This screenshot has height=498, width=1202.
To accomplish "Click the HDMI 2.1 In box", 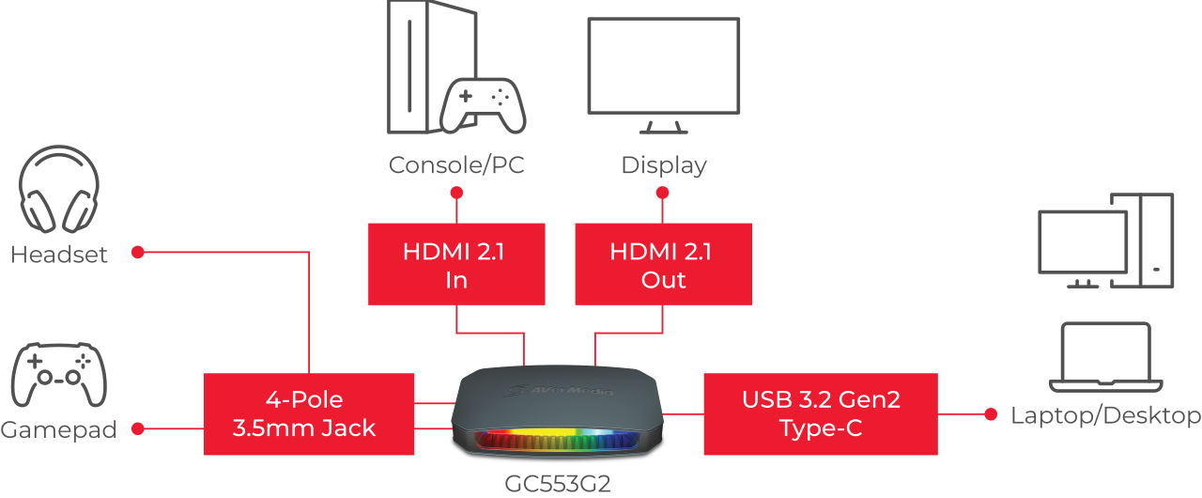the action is point(456,264).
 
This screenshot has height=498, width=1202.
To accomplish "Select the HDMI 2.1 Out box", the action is point(663,264).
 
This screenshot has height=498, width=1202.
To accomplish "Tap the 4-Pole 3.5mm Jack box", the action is point(309,413).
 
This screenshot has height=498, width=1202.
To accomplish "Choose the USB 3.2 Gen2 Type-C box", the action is point(821,413).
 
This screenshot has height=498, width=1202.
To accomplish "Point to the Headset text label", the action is point(59,255).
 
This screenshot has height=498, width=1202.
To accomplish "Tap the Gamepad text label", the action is point(58,429).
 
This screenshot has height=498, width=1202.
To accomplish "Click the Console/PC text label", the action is point(456,165).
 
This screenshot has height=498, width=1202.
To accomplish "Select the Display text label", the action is point(664,165).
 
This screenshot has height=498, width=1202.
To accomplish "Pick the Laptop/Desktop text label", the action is point(1105,415).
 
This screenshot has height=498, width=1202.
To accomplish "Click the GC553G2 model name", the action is point(558,484).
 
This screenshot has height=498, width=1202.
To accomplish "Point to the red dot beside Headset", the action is point(138,252).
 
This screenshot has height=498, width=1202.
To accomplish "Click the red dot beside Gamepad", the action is point(138,428).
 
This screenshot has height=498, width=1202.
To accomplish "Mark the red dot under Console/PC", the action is point(456,193).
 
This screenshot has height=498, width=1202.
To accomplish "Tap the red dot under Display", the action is point(663,193).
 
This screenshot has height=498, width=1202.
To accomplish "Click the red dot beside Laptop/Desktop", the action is point(991,414).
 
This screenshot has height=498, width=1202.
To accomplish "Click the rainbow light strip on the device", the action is point(558,440).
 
